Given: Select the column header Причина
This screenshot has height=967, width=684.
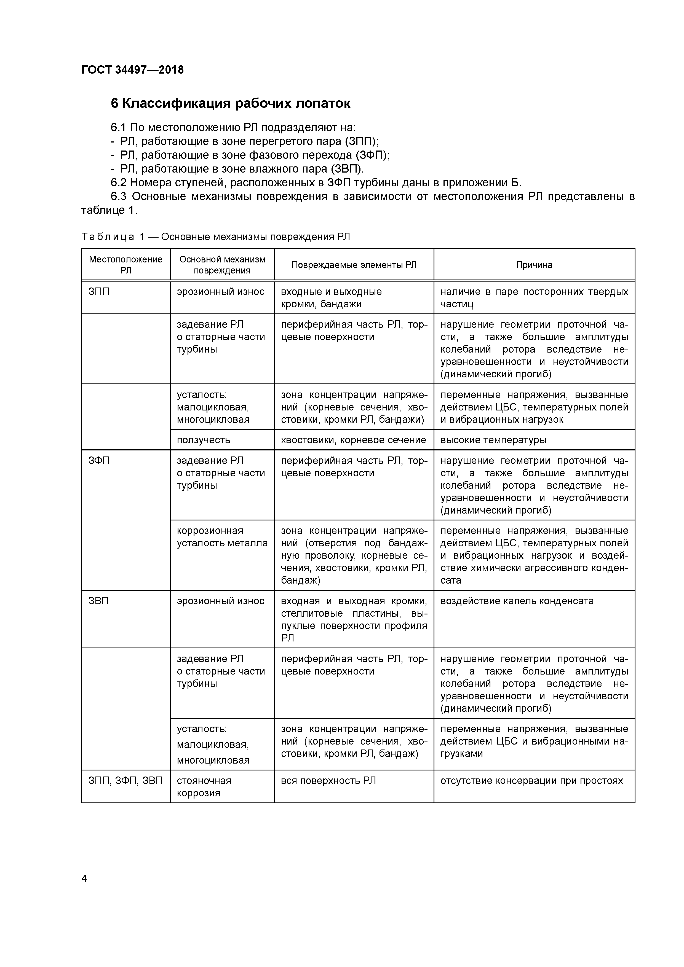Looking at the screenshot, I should point(534,265).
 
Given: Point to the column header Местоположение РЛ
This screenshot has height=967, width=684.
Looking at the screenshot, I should point(125,265).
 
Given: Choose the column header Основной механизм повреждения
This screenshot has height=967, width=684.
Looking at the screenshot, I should point(222,265).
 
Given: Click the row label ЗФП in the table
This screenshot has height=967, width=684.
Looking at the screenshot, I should point(99,461).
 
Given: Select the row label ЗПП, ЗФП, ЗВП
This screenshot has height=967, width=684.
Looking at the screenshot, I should point(125,780).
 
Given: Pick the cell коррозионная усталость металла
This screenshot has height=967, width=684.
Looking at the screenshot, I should point(222,537).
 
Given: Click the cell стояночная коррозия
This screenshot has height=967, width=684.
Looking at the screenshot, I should point(204,787).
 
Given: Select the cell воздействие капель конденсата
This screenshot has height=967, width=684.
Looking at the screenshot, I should point(517,601).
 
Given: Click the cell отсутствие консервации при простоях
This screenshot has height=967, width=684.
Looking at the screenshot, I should point(531,780).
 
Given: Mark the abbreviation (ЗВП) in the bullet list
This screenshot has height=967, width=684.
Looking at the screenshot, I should point(346,169).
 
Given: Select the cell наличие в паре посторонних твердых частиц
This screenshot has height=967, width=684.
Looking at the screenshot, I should point(534,298).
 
